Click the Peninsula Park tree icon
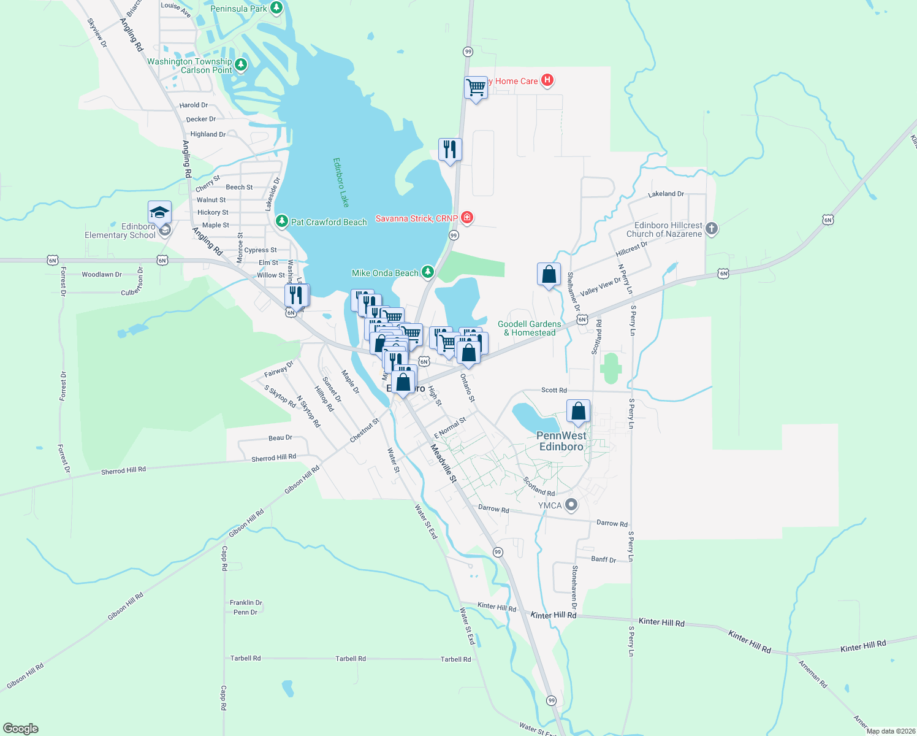(276, 8)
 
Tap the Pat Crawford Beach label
(329, 222)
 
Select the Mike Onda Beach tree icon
(427, 272)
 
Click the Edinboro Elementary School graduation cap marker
(159, 213)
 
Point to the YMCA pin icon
(571, 505)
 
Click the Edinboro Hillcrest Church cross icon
(711, 229)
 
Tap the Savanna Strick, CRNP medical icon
(466, 218)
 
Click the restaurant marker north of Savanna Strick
(450, 150)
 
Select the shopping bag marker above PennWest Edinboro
(578, 412)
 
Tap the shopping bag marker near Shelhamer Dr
(549, 275)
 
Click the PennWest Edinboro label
(561, 441)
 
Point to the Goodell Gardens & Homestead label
(530, 328)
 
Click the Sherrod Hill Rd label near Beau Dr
(273, 458)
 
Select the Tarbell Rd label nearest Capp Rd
(245, 658)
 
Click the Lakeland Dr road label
(666, 194)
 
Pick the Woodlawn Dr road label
(102, 274)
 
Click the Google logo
(21, 728)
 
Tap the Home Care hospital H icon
(547, 80)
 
